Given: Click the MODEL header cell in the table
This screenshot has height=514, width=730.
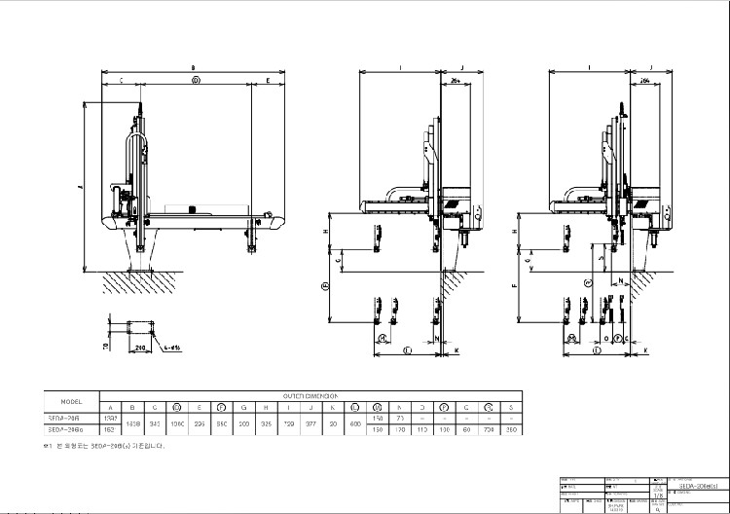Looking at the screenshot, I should tap(70, 401).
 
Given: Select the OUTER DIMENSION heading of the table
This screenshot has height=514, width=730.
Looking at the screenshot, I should tap(310, 396).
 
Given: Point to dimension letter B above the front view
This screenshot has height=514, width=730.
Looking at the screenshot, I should tap(194, 67).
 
